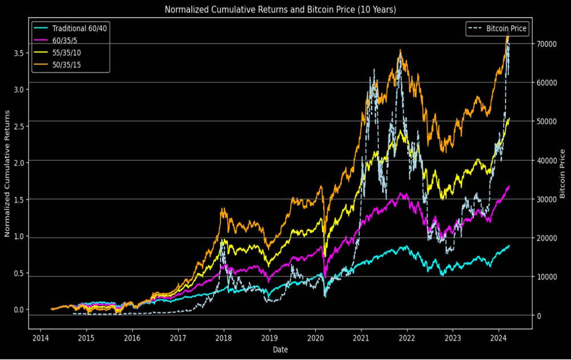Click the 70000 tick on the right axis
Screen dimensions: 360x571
point(547,44)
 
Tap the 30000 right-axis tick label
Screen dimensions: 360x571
point(547,199)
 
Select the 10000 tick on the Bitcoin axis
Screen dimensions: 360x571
point(547,277)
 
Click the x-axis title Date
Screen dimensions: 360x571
point(280,349)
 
